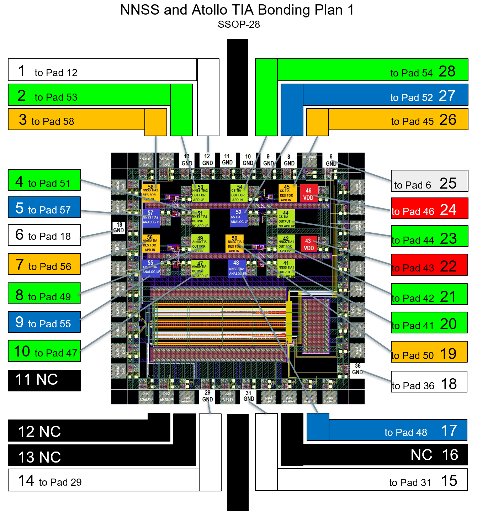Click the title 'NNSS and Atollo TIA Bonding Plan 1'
(x=237, y=10)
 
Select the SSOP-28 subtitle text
(x=239, y=25)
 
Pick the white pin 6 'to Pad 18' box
(x=44, y=235)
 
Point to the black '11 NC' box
(x=44, y=380)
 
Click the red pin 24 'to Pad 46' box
(x=429, y=209)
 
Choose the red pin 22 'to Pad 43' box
(x=429, y=265)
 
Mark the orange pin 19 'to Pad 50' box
(x=429, y=352)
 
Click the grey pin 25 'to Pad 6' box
(x=429, y=181)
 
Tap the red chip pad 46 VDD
(x=308, y=194)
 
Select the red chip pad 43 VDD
(x=308, y=244)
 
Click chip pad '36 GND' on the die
(x=357, y=369)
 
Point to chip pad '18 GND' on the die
(x=119, y=228)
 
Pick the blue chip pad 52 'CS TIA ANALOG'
(x=238, y=217)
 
